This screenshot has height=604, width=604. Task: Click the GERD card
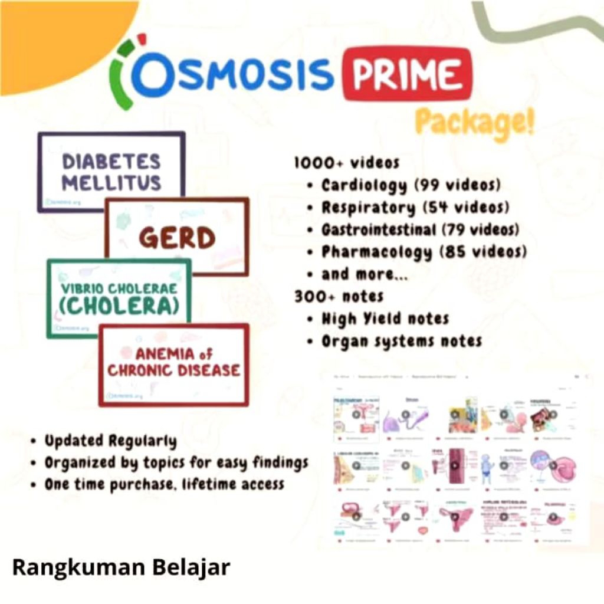point(177,237)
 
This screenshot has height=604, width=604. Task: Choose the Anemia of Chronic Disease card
point(174,362)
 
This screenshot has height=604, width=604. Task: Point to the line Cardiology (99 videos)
point(411,185)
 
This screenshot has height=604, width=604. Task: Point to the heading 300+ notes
point(339,296)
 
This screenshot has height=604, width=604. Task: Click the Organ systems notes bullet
point(401,341)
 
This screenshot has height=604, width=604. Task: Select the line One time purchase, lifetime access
point(165,484)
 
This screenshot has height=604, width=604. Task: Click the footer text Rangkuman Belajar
point(122,567)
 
